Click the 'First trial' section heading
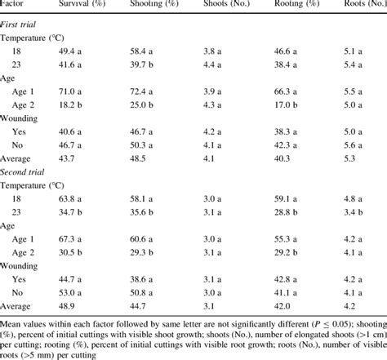coord(21,23)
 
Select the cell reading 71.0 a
coord(78,92)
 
